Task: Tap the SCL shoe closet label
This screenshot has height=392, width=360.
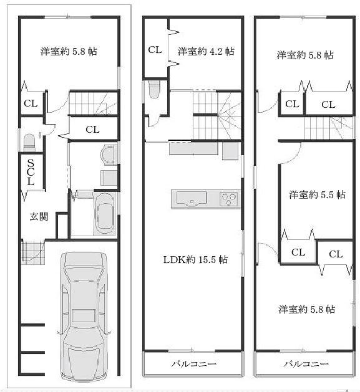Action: [x=30, y=173]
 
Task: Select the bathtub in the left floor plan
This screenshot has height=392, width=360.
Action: [x=104, y=214]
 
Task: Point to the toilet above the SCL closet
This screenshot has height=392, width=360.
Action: [x=28, y=143]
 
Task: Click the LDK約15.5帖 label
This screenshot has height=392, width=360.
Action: [x=195, y=259]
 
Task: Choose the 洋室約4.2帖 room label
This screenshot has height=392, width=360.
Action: [x=206, y=51]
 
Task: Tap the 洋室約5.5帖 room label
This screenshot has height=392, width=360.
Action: [x=317, y=194]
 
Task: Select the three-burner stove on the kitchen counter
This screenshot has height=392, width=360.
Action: [x=228, y=199]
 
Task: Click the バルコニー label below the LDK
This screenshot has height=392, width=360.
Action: [x=193, y=363]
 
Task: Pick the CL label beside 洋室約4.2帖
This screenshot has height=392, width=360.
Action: [x=155, y=50]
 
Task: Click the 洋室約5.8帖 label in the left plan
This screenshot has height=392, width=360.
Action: [x=69, y=51]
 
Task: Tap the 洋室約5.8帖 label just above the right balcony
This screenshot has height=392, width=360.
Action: [x=306, y=308]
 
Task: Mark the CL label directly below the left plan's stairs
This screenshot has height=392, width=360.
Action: [x=92, y=130]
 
